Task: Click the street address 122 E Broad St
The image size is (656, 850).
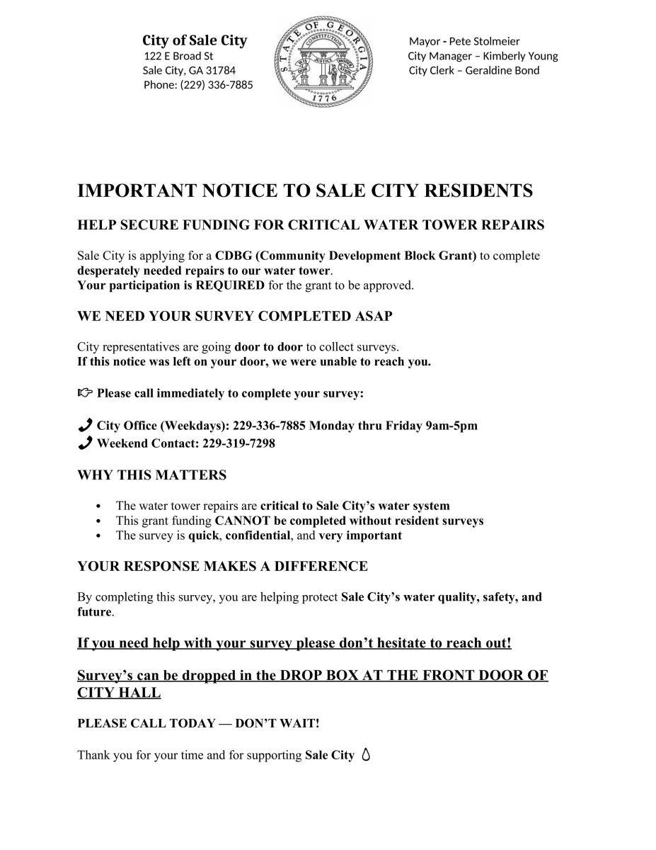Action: (x=178, y=56)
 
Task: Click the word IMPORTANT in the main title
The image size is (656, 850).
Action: (x=135, y=191)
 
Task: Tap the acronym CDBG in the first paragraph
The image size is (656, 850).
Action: (x=231, y=256)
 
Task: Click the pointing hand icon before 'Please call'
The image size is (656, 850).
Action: (x=85, y=392)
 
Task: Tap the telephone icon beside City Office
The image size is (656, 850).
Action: (x=85, y=425)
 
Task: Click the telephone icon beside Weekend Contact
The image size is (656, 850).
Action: (x=85, y=443)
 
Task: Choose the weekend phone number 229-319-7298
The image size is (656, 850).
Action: (x=238, y=444)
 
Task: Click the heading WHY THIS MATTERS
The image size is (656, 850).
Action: (x=151, y=475)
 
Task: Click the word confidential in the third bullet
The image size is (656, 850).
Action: (x=258, y=535)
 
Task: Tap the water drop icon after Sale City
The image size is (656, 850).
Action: (x=365, y=754)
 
